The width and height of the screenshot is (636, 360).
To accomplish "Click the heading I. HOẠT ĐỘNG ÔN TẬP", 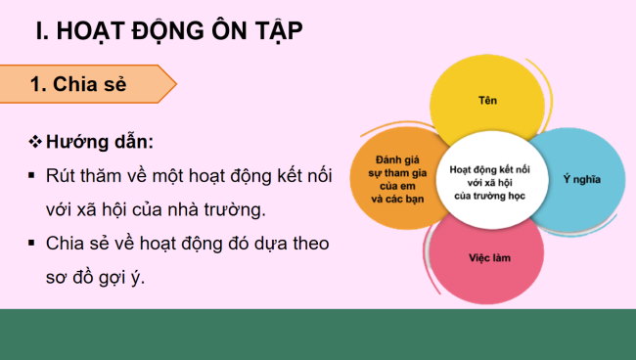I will pyautogui.click(x=168, y=31).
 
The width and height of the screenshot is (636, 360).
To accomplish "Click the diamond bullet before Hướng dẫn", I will pyautogui.click(x=36, y=143).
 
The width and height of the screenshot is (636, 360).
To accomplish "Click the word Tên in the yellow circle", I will pyautogui.click(x=486, y=101).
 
